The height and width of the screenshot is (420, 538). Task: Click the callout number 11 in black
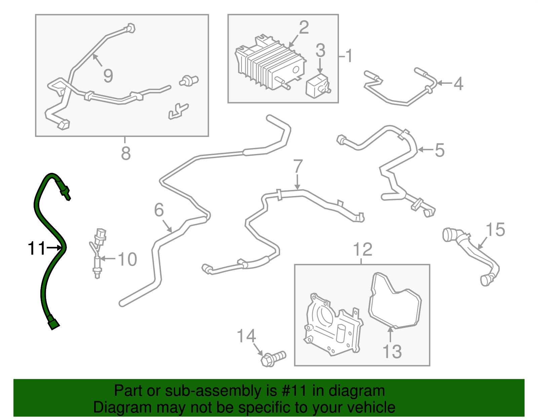click(36, 249)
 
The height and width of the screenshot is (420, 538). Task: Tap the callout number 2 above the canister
click(303, 28)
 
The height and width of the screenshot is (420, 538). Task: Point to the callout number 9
click(108, 76)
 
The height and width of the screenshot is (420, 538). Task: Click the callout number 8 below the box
click(125, 153)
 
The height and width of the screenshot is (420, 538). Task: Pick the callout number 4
click(458, 83)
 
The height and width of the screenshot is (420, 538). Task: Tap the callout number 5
click(439, 150)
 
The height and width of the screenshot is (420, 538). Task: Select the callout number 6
click(159, 210)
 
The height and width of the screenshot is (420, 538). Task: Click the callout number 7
click(298, 166)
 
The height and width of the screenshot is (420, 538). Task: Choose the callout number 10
click(127, 259)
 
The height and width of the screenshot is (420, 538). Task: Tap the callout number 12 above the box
click(362, 250)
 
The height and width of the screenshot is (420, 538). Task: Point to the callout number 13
click(392, 351)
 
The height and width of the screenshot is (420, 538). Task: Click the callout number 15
click(495, 230)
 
